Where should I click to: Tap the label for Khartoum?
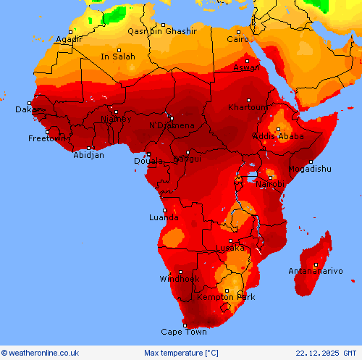pyautogui.click(x=248, y=107)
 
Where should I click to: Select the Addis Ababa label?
pyautogui.click(x=277, y=136)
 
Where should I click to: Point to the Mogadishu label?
pyautogui.click(x=310, y=169)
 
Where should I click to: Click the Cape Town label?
pyautogui.click(x=183, y=332)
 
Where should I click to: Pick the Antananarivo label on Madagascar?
pyautogui.click(x=316, y=271)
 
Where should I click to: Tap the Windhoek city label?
pyautogui.click(x=179, y=279)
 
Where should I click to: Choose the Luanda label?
pyautogui.click(x=164, y=217)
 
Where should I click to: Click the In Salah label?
pyautogui.click(x=117, y=56)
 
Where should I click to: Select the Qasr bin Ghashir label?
pyautogui.click(x=162, y=31)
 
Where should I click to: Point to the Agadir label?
pyautogui.click(x=69, y=40)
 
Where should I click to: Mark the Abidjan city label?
pyautogui.click(x=88, y=155)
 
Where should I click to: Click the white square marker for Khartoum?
pyautogui.click(x=248, y=100)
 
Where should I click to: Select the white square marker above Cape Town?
pyautogui.click(x=184, y=325)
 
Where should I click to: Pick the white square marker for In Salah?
pyautogui.click(x=119, y=49)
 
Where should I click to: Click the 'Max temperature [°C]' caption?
pyautogui.click(x=181, y=353)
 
